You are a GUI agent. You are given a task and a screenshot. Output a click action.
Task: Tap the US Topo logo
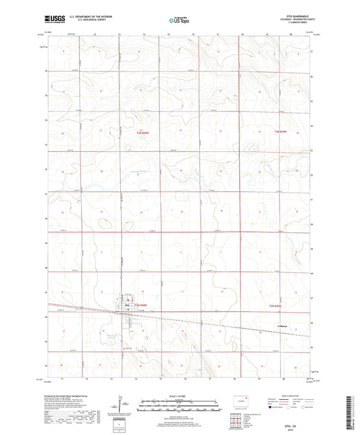coord(178,21)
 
